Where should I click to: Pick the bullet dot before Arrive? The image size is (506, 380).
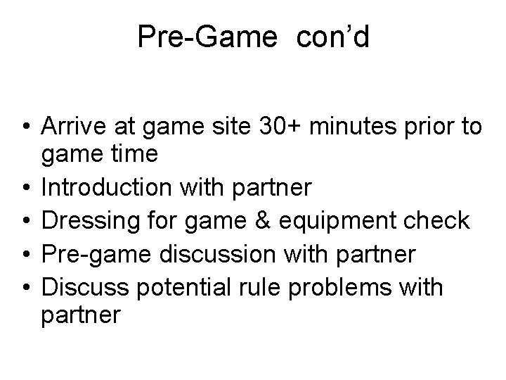(x=25, y=128)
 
